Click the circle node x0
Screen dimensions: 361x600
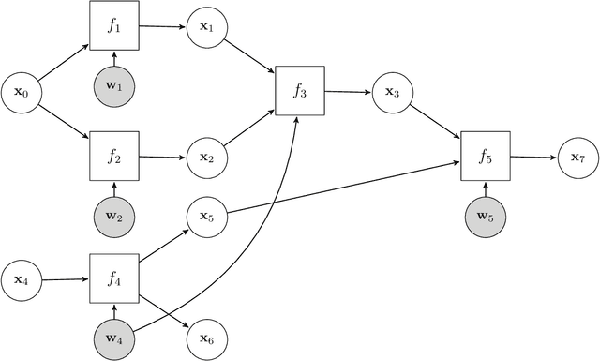22,92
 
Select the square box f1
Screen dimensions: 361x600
113,26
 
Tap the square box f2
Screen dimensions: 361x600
113,155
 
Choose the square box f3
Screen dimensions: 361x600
299,90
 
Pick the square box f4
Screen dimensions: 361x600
113,278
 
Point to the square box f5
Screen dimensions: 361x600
485,156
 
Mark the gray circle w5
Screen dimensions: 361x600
485,218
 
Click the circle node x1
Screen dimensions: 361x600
206,28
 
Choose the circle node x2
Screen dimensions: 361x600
206,156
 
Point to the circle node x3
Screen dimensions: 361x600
392,92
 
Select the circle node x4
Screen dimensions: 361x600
22,278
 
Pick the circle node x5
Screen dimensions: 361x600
206,218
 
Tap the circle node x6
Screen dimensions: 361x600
206,338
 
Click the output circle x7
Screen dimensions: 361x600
577,157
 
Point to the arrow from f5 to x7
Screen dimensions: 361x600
532,157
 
